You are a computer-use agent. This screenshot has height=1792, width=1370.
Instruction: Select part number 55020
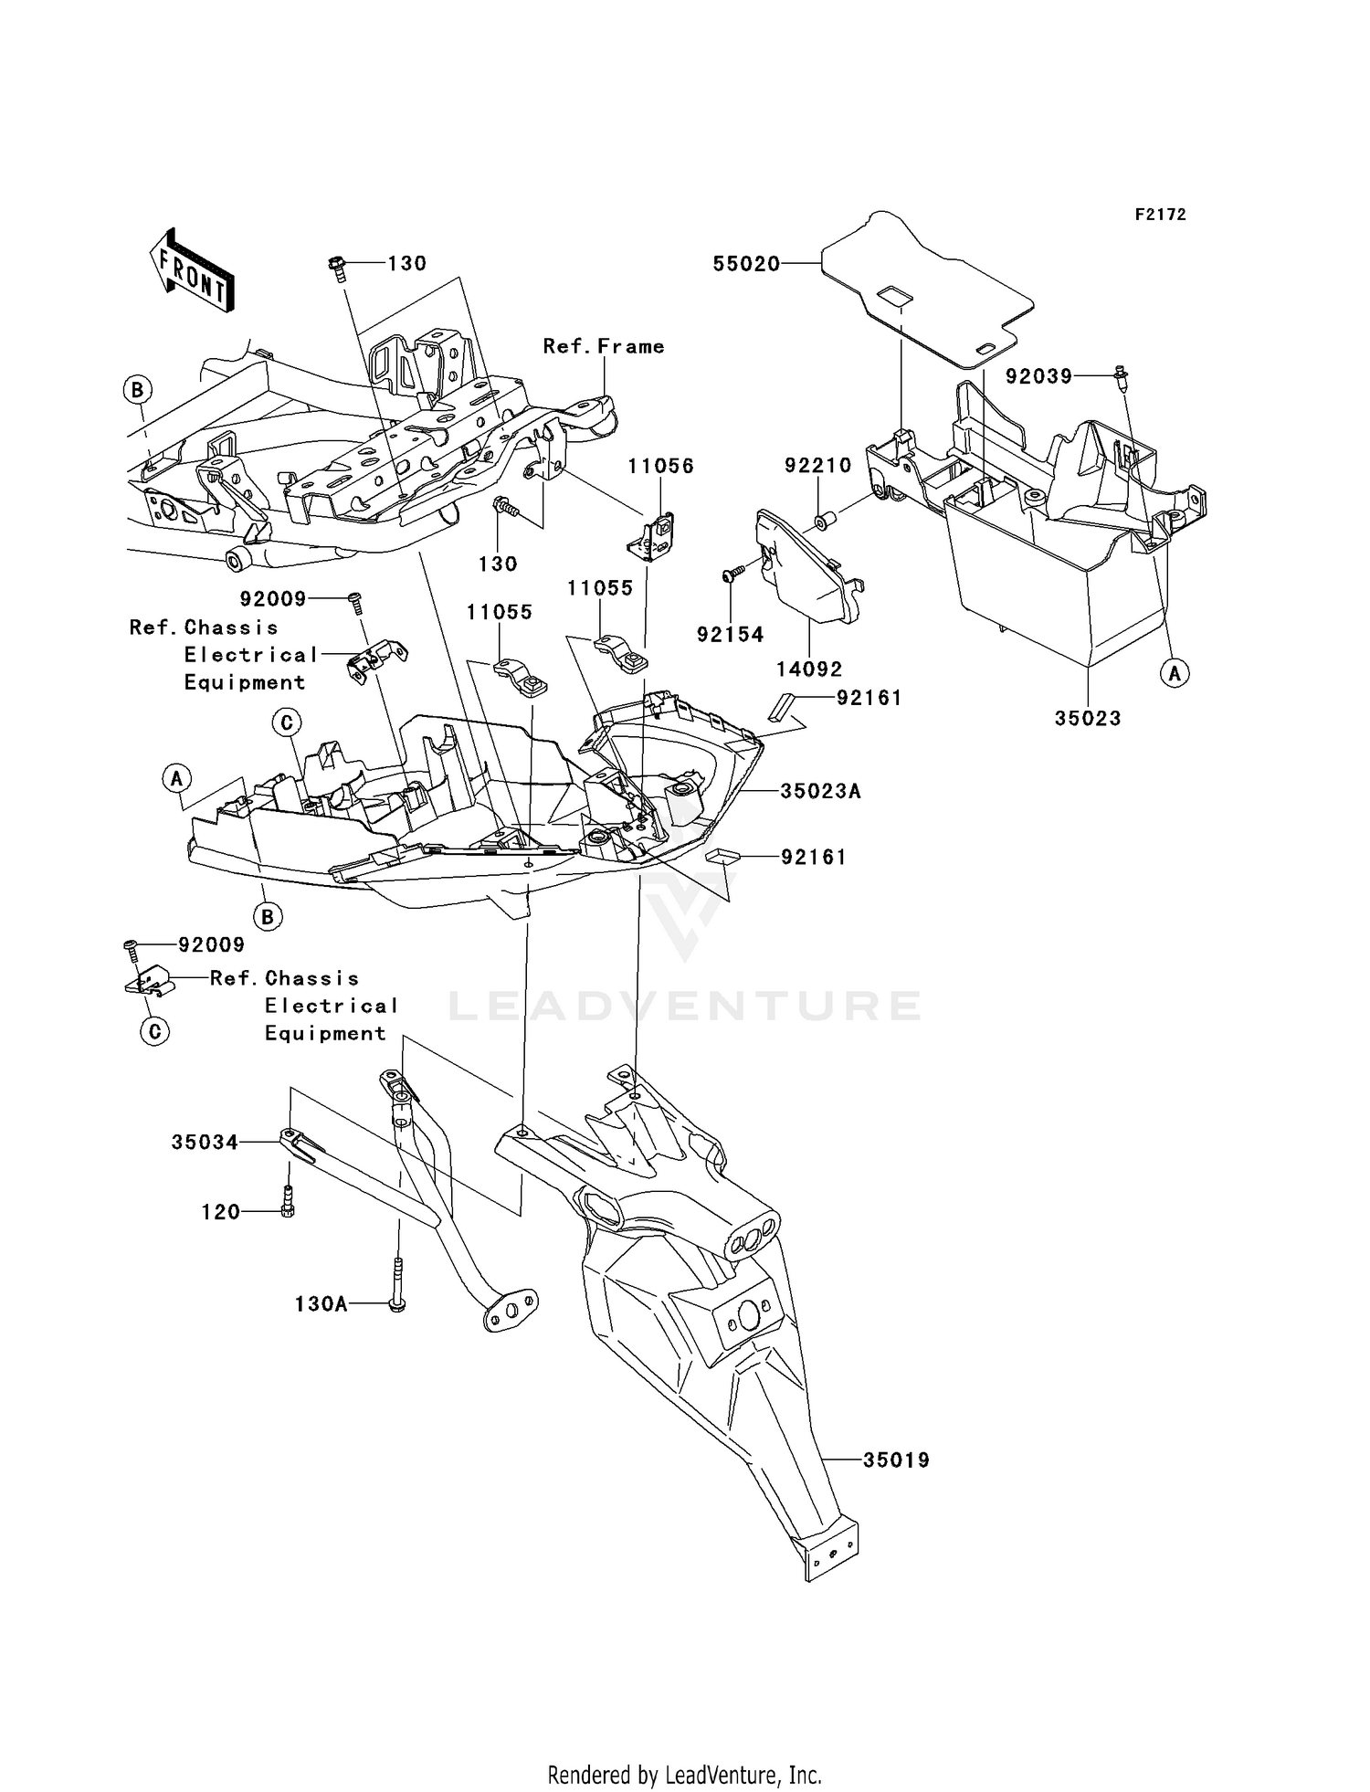coord(746,264)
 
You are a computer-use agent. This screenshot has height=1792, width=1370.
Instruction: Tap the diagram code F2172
coord(1161,215)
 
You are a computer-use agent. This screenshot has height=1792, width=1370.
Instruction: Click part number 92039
coord(1039,376)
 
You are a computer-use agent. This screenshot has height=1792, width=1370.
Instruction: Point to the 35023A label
coord(820,791)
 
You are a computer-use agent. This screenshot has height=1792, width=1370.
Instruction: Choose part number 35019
coord(897,1460)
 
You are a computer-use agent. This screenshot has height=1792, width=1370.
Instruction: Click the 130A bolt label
coord(321,1304)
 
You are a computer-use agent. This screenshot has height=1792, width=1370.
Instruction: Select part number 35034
coord(205,1143)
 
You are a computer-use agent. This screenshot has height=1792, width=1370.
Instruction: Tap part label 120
coord(221,1212)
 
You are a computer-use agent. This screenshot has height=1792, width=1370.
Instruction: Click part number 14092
coord(809,669)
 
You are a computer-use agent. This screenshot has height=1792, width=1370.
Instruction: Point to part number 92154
coord(730,635)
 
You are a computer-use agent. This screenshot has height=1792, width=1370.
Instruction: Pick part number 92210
coord(818,466)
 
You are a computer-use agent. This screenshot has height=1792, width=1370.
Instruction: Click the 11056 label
coord(660,467)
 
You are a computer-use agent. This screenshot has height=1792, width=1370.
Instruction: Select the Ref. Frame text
coord(604,346)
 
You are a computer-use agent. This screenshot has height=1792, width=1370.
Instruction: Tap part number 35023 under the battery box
coord(1088,719)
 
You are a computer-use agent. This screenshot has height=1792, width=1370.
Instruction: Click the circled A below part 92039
coord(1175,674)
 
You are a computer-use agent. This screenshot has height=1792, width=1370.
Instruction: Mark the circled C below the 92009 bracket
coord(154,1032)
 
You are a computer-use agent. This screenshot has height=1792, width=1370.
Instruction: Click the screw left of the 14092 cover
coord(733,574)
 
